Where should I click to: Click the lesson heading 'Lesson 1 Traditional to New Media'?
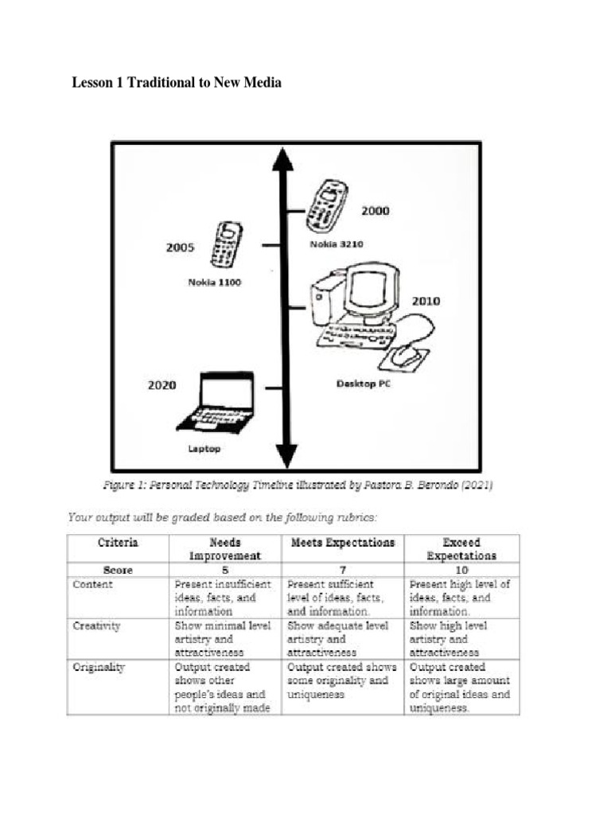[x=177, y=82]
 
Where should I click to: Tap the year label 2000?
[x=376, y=211]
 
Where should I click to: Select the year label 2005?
[x=180, y=247]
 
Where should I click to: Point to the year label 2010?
[x=426, y=301]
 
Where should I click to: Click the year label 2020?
[x=162, y=385]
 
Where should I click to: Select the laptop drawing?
[x=216, y=404]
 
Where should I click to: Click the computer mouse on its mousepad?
[x=406, y=354]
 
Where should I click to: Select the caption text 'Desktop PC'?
[x=364, y=384]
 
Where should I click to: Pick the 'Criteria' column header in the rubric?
[x=118, y=542]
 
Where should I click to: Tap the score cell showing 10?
[x=461, y=570]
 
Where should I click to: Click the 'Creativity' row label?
[x=96, y=626]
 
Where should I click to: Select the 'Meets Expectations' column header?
[x=341, y=542]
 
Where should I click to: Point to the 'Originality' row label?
[x=99, y=668]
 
